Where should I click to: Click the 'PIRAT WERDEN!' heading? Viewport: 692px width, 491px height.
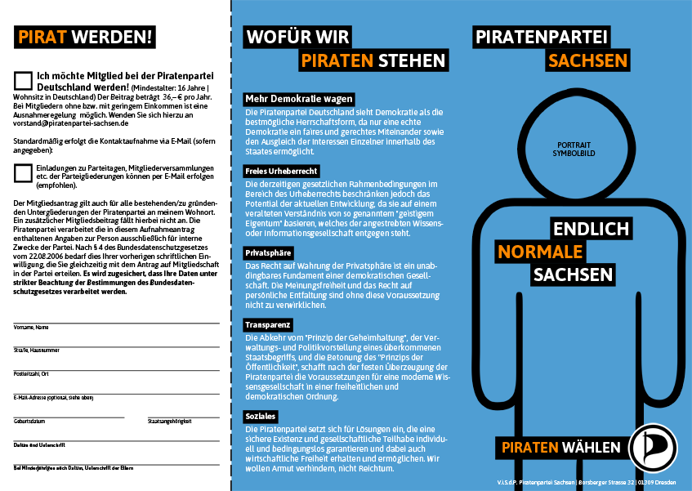[85, 37]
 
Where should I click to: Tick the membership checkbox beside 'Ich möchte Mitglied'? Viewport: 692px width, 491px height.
[24, 79]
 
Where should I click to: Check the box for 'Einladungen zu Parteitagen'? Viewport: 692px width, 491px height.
[24, 172]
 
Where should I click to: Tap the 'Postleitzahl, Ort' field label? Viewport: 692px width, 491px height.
[32, 373]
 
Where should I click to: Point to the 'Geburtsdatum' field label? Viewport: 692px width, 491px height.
[29, 421]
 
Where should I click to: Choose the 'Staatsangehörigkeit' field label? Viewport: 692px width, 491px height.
[169, 421]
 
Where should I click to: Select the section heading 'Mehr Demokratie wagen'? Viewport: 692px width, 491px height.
[298, 99]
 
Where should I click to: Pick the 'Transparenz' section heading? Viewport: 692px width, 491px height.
[269, 324]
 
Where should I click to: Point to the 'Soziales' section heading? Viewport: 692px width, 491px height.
[261, 416]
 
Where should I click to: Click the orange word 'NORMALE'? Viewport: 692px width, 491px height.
[540, 251]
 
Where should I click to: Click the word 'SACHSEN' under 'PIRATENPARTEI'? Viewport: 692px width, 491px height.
[588, 60]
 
